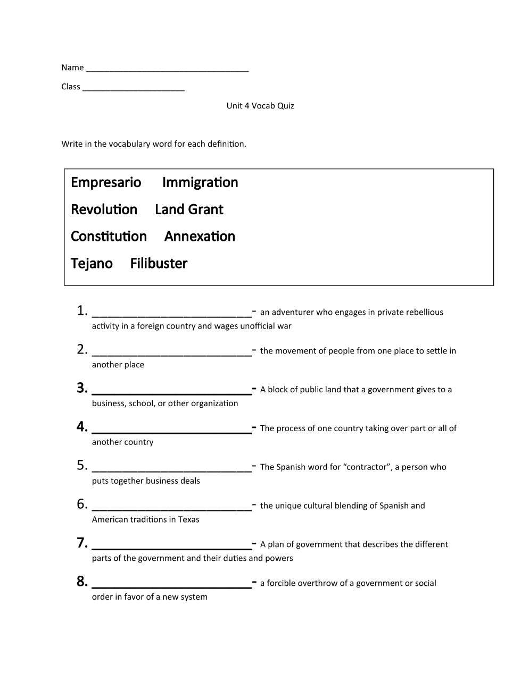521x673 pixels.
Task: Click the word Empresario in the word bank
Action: pyautogui.click(x=106, y=182)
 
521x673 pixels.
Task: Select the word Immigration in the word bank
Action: pyautogui.click(x=200, y=182)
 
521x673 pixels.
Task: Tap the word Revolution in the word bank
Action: pyautogui.click(x=104, y=209)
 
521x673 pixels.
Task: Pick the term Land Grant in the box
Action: pyautogui.click(x=189, y=209)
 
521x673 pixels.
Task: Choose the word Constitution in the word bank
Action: pyautogui.click(x=109, y=237)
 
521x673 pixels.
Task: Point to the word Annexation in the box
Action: pyautogui.click(x=200, y=237)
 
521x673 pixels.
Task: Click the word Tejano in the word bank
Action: pyautogui.click(x=92, y=264)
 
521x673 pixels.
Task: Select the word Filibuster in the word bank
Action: pyautogui.click(x=159, y=264)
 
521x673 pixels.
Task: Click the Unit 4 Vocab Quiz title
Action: pyautogui.click(x=260, y=106)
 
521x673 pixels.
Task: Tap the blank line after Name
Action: pyautogui.click(x=167, y=68)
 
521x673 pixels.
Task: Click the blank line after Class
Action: pyautogui.click(x=134, y=87)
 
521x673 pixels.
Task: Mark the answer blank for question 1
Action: pyautogui.click(x=171, y=313)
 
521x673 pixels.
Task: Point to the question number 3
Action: pyautogui.click(x=81, y=388)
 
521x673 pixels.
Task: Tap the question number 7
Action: pyautogui.click(x=81, y=543)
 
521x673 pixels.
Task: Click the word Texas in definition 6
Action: pyautogui.click(x=188, y=519)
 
